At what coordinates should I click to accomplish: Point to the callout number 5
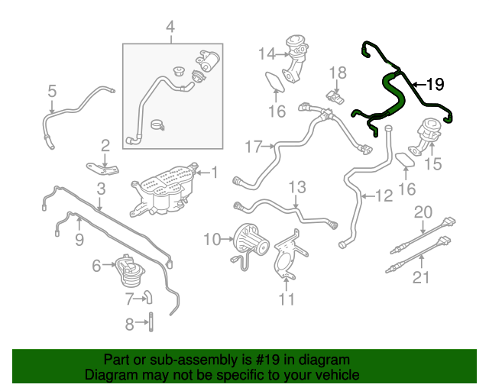coord(52,92)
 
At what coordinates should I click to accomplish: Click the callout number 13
coord(296,187)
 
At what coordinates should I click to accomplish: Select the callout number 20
coord(423,212)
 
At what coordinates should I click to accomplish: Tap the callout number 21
coord(423,278)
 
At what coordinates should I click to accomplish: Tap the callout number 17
coord(253,145)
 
